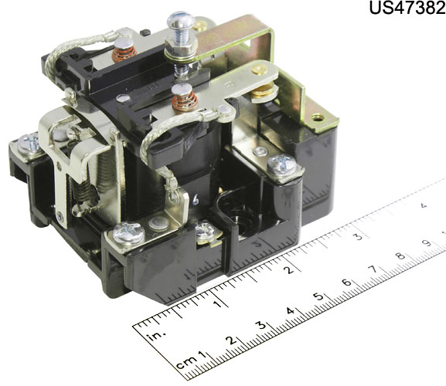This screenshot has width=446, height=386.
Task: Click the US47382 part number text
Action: pyautogui.click(x=407, y=8)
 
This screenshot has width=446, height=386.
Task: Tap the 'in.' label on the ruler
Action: pyautogui.click(x=156, y=335)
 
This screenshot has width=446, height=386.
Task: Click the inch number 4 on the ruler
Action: pyautogui.click(x=424, y=205)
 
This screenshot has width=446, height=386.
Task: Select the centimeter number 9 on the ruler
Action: pyautogui.click(x=426, y=243)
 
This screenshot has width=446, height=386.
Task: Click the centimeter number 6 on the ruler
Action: pyautogui.click(x=346, y=283)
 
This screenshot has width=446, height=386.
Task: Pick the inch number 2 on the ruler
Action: pyautogui.click(x=289, y=269)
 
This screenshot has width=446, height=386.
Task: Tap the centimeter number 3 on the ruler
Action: pyautogui.click(x=261, y=325)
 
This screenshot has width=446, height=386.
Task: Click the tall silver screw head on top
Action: pyautogui.click(x=181, y=20)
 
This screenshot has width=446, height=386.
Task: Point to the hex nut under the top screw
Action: pyautogui.click(x=181, y=50)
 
